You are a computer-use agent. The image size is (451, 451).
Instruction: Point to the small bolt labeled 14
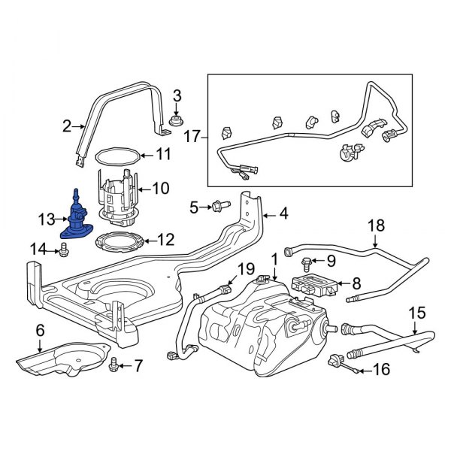click(x=63, y=249)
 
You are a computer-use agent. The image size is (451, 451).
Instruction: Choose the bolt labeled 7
click(x=114, y=365)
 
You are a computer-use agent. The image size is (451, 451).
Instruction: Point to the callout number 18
click(x=375, y=225)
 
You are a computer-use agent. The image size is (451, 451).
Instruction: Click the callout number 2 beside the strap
click(x=66, y=127)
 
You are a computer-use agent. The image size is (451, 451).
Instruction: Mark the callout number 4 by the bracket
click(x=283, y=213)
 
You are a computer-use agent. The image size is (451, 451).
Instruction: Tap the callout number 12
click(x=166, y=240)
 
